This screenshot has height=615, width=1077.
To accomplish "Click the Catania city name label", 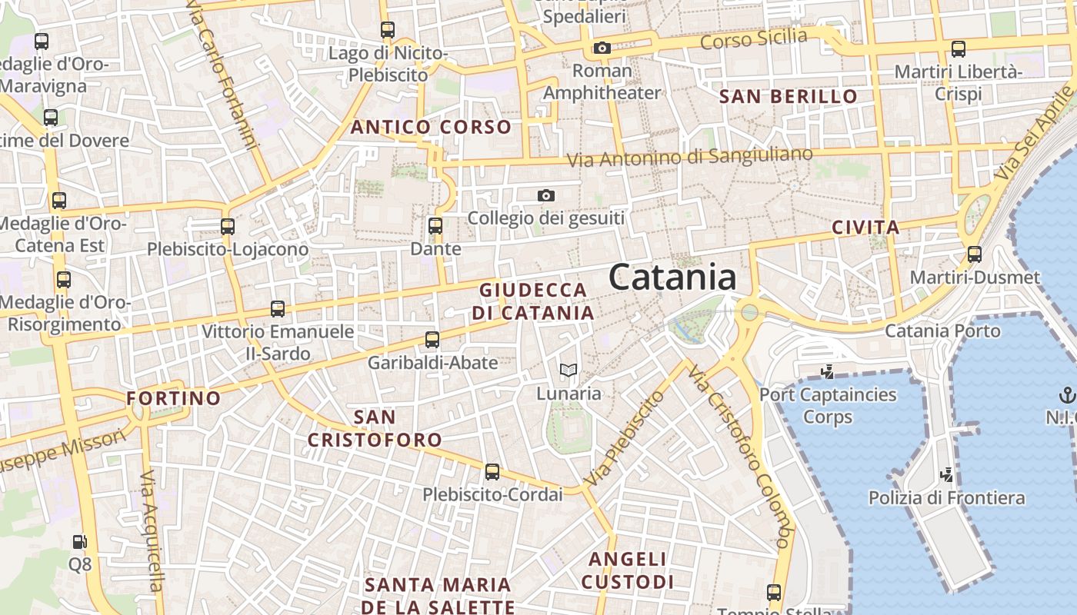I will pos(672,278).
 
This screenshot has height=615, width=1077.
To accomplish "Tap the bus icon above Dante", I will pos(435,226).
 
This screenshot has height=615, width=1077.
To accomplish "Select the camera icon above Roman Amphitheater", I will pos(602,48).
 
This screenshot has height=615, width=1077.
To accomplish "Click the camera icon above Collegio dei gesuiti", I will pos(546,196).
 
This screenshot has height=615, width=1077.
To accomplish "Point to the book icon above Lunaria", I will pos(569,371).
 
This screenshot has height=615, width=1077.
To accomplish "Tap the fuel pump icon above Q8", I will pos(79,542).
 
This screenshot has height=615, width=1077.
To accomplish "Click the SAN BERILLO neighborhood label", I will pos(788,97).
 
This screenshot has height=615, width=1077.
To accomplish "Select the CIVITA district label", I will pos(865,228).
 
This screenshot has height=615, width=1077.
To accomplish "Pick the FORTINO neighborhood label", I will pos(173,398).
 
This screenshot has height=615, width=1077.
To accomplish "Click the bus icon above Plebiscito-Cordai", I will pos(492,472).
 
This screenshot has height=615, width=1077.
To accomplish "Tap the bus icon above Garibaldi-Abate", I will pos(432,339).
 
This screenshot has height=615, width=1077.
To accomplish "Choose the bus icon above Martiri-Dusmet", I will pos(975,254).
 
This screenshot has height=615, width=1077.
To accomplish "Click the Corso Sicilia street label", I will pos(754,38).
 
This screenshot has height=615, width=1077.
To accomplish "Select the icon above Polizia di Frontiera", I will pos(947,475).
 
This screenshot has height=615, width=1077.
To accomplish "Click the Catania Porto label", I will pos(942,331).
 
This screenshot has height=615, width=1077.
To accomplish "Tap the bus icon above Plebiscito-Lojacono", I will pos(227,227).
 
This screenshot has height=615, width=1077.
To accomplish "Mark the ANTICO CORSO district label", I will pos(431,128).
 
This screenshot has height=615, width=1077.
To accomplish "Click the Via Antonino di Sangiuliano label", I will pos(689,157).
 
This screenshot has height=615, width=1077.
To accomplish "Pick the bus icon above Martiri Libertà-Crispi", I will pos(959,49).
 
